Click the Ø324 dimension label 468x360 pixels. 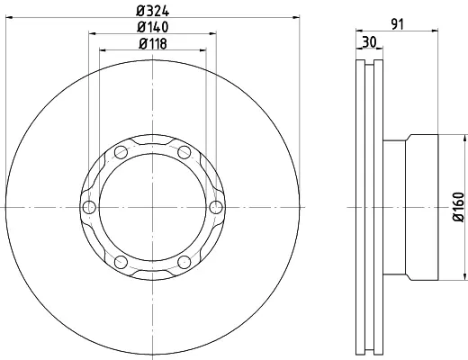tap(153, 11)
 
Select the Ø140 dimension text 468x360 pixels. tap(153, 27)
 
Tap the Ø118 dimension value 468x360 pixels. tap(153, 44)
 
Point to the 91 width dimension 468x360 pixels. tap(398, 24)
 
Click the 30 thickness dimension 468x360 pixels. tap(369, 42)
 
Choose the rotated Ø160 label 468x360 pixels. tap(458, 207)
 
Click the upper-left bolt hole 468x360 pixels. tap(121, 152)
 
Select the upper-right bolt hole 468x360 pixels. tap(184, 152)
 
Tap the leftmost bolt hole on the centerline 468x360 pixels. tap(89, 207)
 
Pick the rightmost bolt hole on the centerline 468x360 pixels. tap(216, 207)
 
